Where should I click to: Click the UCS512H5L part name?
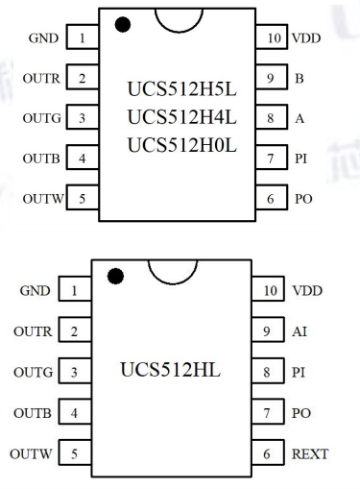point(181,89)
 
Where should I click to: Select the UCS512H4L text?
point(181,117)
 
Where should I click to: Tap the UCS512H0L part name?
point(181,145)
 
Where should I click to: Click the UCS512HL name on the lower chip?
point(170,370)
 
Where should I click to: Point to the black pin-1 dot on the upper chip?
point(123,25)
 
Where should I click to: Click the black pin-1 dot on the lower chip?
point(115,276)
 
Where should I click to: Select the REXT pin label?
point(310,453)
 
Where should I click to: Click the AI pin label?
point(300,331)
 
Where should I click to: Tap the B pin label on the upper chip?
point(300,79)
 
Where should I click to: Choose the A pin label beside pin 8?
point(300,118)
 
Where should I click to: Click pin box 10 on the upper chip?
point(272,37)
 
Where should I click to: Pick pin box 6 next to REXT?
point(268,452)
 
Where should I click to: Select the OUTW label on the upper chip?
point(43,199)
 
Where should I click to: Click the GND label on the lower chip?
point(35,291)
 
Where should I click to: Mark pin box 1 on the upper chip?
point(83,37)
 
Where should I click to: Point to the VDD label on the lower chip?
point(307,291)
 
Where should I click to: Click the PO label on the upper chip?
point(303,199)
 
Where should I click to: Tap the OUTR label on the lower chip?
point(33,331)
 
